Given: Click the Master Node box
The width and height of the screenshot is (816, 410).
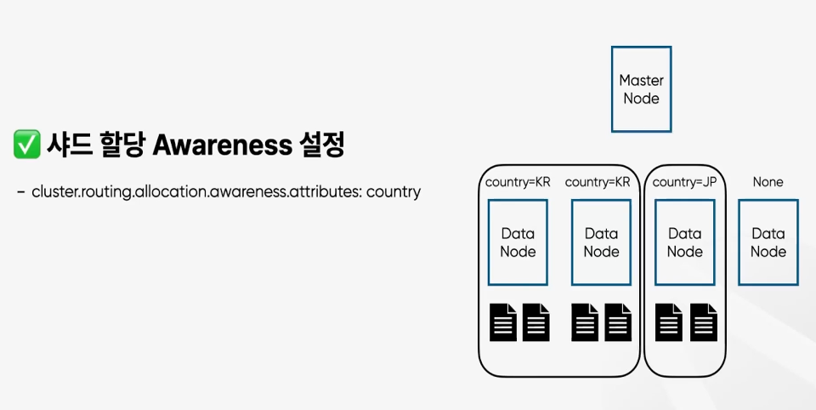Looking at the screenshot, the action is (x=641, y=89).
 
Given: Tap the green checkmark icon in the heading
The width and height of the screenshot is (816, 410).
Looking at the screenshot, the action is (x=27, y=145).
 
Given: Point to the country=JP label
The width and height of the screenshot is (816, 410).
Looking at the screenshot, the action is (x=684, y=182).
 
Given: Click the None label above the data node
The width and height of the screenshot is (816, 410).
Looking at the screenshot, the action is (x=768, y=182).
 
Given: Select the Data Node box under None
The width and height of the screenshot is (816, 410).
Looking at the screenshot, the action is (x=768, y=242).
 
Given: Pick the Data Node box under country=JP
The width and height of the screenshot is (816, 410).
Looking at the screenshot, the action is (x=684, y=242).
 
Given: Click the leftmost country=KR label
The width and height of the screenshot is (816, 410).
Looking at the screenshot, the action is (x=518, y=182).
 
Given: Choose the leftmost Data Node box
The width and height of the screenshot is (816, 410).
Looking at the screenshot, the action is (x=518, y=242).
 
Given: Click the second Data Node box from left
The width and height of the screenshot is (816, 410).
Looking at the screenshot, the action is (x=601, y=242).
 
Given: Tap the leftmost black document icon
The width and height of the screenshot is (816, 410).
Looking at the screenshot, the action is (x=503, y=322).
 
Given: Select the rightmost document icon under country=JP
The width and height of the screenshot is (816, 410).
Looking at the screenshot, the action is (x=703, y=322).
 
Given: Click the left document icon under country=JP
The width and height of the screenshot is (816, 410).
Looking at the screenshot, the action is (x=670, y=322).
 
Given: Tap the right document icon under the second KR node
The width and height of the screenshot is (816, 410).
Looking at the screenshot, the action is (x=618, y=322).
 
